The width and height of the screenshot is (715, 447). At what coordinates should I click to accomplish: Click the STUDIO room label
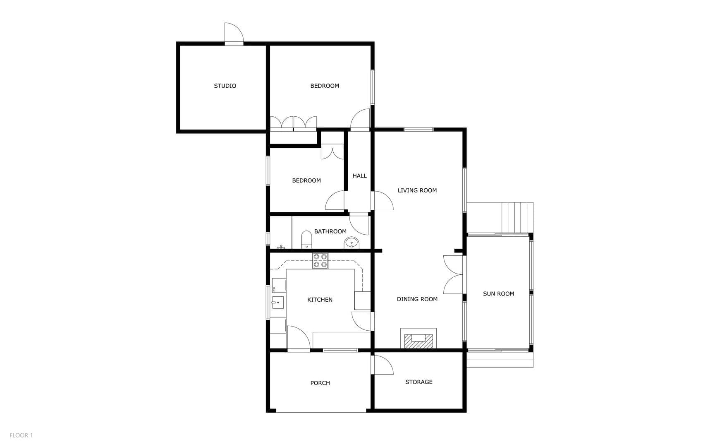pyautogui.click(x=225, y=86)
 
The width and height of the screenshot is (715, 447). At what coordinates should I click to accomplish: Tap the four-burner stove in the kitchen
pyautogui.click(x=320, y=261)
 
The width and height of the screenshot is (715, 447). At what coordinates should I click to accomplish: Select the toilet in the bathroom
pyautogui.click(x=306, y=240)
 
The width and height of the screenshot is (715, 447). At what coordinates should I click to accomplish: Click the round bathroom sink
pyautogui.click(x=352, y=243)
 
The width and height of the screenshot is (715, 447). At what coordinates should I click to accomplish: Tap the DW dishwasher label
pyautogui.click(x=274, y=289)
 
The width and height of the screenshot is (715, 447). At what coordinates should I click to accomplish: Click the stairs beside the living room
pyautogui.click(x=517, y=218)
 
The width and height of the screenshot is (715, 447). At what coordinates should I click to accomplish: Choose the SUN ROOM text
pyautogui.click(x=498, y=293)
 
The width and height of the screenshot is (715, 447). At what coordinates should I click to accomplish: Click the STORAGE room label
pyautogui.click(x=418, y=382)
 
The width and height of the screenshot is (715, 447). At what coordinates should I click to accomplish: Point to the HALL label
pyautogui.click(x=359, y=175)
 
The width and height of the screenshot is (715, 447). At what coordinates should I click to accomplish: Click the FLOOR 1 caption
pyautogui.click(x=21, y=435)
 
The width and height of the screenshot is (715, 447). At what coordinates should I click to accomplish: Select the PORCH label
pyautogui.click(x=320, y=383)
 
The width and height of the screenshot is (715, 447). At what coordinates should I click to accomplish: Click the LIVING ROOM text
pyautogui.click(x=417, y=190)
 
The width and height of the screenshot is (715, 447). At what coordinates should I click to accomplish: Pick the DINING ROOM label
pyautogui.click(x=417, y=299)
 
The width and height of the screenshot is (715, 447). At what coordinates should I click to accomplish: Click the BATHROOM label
pyautogui.click(x=330, y=231)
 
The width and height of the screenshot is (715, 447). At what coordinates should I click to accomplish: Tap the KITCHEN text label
pyautogui.click(x=320, y=300)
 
